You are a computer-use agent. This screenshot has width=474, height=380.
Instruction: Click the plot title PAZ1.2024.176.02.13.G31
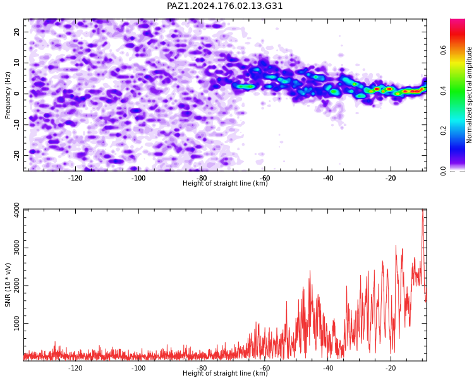(224, 6)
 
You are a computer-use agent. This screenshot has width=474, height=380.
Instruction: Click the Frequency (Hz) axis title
(8, 95)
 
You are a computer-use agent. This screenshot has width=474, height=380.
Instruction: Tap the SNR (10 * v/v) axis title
(8, 284)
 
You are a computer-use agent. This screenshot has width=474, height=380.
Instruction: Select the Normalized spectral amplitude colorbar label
(469, 95)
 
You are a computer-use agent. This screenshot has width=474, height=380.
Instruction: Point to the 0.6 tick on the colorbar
(443, 50)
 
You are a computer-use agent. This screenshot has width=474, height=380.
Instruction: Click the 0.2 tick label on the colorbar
(443, 131)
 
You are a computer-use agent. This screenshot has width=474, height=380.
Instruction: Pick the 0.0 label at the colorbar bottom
(443, 171)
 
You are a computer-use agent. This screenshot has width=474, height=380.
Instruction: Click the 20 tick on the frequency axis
(16, 32)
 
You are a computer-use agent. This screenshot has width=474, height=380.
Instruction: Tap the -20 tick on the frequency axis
(16, 155)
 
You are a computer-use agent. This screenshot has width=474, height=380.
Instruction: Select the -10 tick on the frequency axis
(16, 125)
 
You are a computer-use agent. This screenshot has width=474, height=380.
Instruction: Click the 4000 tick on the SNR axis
(16, 210)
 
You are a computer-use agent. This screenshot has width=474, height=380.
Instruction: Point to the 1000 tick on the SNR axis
(16, 324)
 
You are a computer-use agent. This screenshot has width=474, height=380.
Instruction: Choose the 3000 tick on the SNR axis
(16, 248)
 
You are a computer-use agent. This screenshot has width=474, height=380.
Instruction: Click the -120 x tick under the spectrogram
(75, 178)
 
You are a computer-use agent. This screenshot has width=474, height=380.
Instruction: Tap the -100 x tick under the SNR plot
(138, 368)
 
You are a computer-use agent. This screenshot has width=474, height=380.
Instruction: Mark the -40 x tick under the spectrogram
(327, 178)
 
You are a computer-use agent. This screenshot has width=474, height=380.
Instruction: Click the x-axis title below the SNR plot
(225, 373)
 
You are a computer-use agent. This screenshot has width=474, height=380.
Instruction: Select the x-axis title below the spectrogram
(225, 183)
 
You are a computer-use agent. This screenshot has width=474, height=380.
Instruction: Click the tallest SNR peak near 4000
(423, 210)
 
